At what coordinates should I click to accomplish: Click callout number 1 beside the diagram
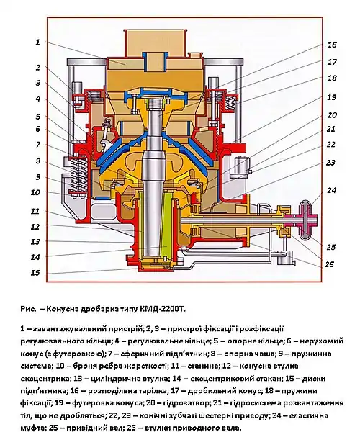coord(37,42)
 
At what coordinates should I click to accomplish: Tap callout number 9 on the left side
coord(38,177)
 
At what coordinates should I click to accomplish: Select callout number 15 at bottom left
coord(35,273)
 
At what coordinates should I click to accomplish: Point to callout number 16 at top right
coord(332,45)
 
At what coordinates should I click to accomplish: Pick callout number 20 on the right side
coord(332,115)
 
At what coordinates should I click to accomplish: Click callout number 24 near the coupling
coord(332,190)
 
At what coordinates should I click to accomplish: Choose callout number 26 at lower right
coord(329,264)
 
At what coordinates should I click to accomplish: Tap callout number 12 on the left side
coord(35,227)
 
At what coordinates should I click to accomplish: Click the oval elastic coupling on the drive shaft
coord(306,220)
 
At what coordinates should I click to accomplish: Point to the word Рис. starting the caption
coord(28,309)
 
